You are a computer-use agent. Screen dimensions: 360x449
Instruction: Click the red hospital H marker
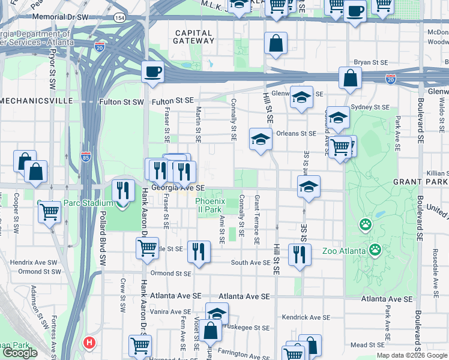[x=89, y=343]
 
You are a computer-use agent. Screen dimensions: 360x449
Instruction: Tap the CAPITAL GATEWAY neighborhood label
[x=193, y=37]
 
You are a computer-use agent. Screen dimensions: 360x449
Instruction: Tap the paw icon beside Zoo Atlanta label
[x=376, y=249]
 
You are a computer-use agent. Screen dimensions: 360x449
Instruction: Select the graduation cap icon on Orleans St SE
[x=261, y=139]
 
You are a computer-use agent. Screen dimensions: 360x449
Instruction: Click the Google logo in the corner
[x=20, y=352]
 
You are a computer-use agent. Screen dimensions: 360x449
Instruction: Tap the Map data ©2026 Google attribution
[x=411, y=355]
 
